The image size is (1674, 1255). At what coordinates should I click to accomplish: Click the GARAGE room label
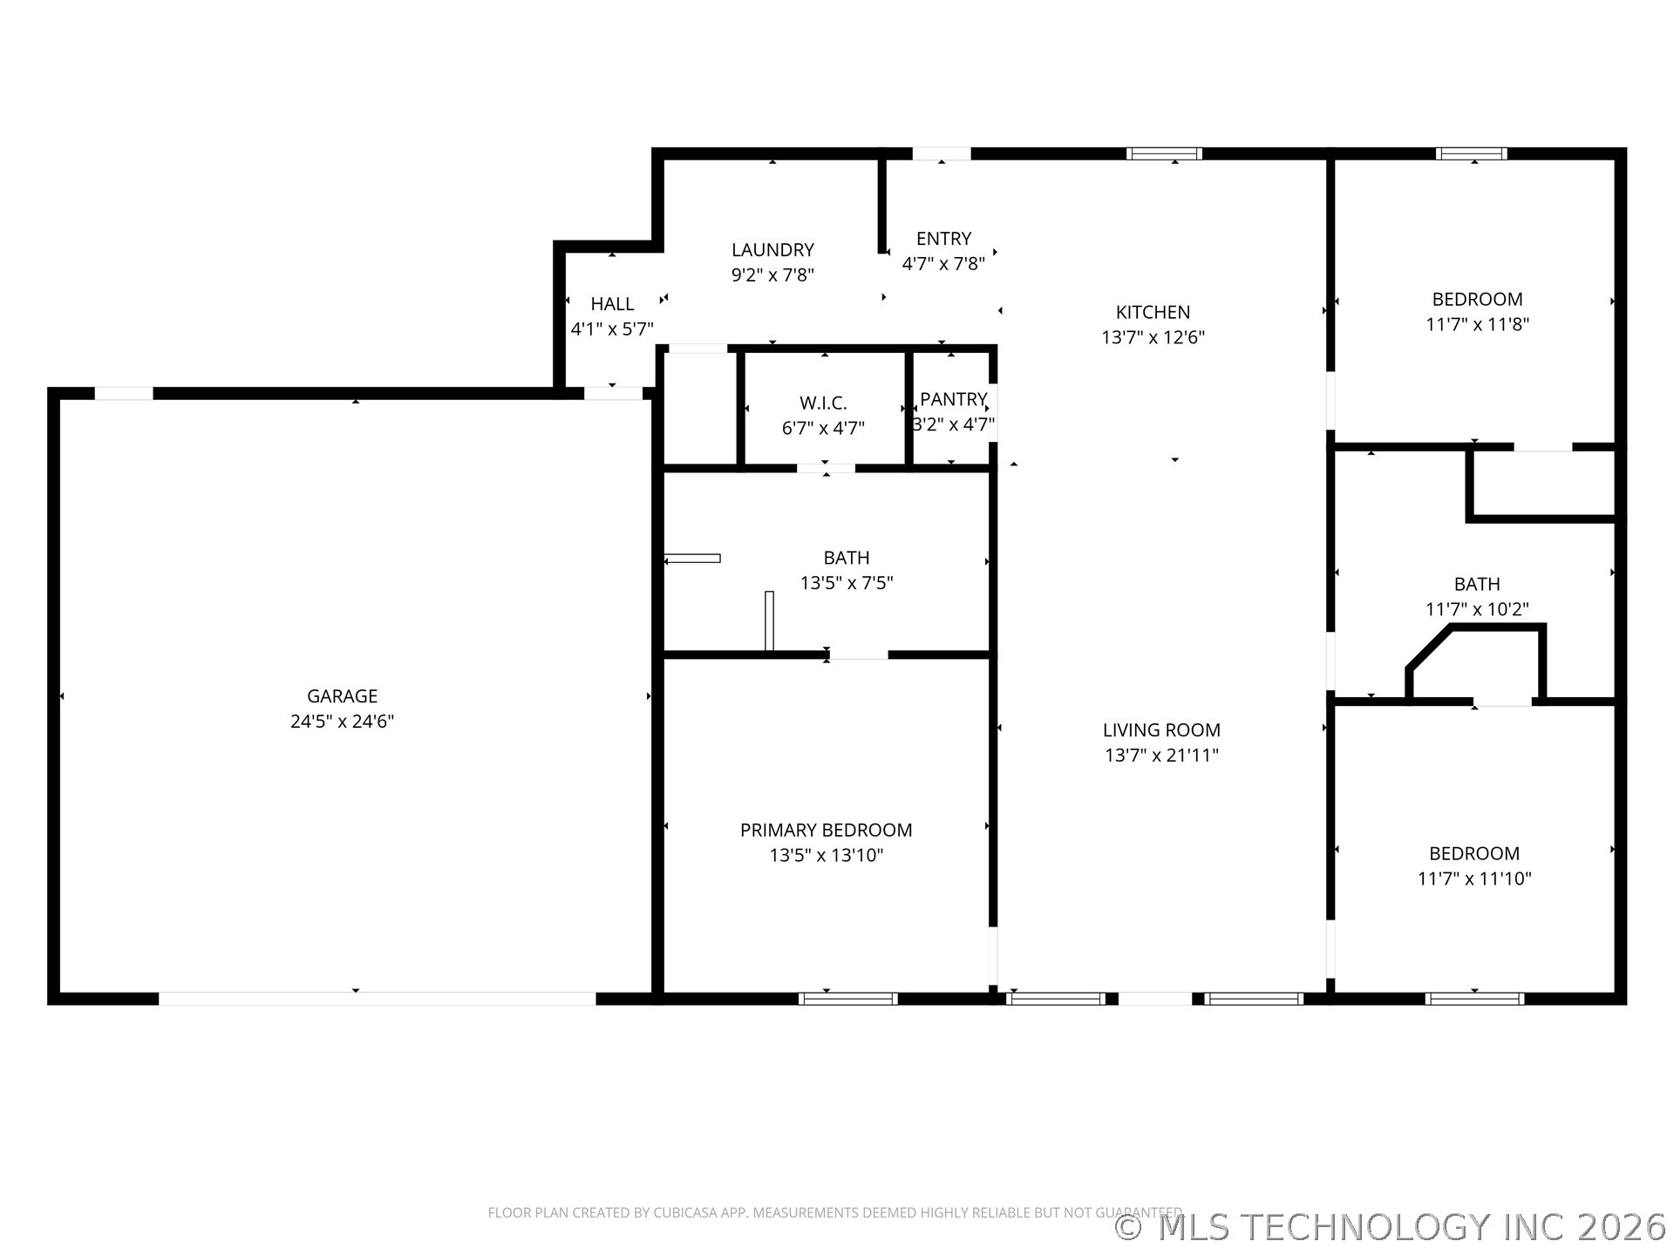pos(342,696)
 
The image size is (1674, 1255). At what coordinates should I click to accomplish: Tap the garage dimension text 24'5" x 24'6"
pos(342,722)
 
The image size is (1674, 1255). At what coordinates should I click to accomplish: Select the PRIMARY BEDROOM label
pos(826,831)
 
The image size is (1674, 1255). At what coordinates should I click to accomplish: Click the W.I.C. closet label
pos(823,404)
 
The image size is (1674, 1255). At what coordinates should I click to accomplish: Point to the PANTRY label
pos(953,399)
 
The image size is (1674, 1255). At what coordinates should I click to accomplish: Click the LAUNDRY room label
pos(772,250)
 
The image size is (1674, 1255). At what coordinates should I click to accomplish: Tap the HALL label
pos(612,304)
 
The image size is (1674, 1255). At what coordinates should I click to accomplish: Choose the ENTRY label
pos(943,239)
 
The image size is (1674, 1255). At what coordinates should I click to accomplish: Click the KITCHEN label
pos(1153,312)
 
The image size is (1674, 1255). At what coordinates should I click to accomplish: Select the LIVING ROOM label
pos(1161,730)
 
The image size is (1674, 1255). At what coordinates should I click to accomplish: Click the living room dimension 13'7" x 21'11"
pos(1161,756)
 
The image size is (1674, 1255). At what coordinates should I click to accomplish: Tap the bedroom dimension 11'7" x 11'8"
pos(1477,324)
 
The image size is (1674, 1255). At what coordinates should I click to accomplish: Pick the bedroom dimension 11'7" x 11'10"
pos(1474,878)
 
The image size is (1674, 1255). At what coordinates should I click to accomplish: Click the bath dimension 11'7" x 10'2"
pos(1477,609)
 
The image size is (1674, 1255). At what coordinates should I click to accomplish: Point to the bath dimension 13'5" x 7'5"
pos(847,583)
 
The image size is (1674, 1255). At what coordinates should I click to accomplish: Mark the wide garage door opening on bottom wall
pos(377,999)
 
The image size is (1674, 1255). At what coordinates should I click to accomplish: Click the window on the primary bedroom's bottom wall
pos(847,999)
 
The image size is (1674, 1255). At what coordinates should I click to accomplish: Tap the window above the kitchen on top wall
pos(1164,154)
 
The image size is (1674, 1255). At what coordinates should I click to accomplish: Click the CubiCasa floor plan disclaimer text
pos(834,1212)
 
